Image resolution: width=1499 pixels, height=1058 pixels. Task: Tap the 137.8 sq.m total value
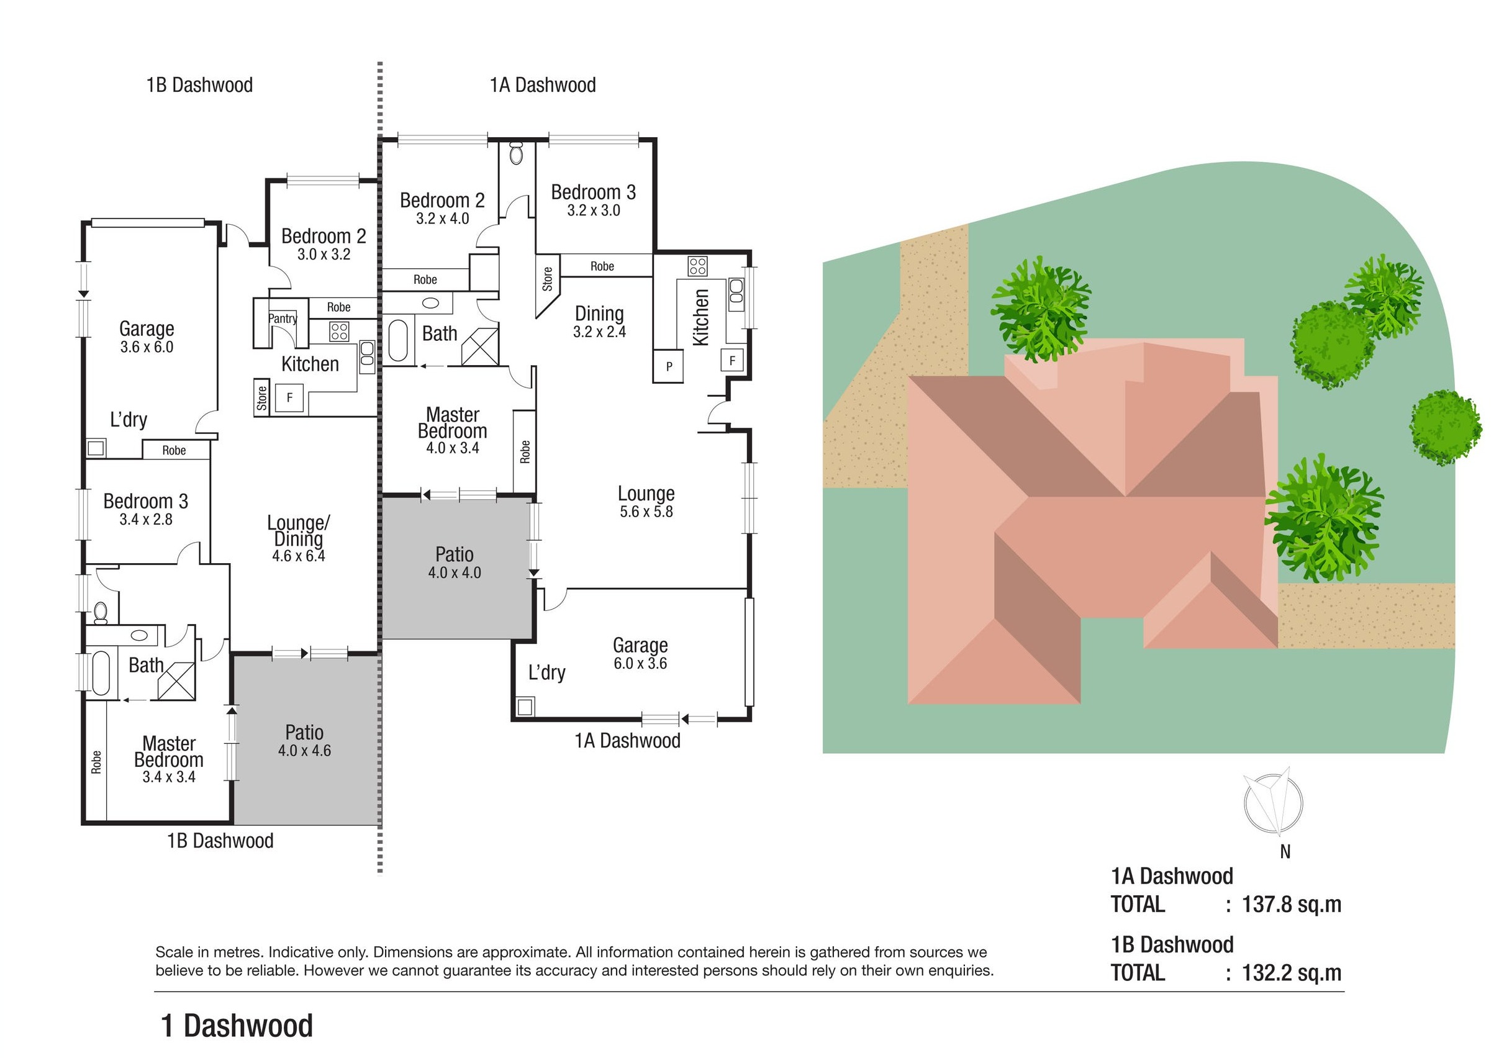[1291, 904]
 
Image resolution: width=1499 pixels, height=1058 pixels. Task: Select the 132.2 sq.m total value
[1291, 972]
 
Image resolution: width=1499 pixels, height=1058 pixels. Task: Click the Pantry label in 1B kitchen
[283, 319]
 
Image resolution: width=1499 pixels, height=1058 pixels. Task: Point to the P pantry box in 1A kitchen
[669, 366]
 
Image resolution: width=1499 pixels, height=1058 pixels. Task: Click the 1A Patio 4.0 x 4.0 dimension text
[455, 572]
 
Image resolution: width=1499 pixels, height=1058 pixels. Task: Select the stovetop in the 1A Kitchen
[697, 266]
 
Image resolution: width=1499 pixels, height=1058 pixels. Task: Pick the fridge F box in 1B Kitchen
[289, 397]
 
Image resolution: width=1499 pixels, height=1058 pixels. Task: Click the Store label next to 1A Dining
[547, 279]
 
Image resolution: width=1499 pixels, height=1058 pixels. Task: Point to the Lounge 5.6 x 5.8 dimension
[646, 512]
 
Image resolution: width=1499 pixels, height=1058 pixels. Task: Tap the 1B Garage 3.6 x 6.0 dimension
[147, 347]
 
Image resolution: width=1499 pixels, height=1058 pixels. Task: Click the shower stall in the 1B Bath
[176, 680]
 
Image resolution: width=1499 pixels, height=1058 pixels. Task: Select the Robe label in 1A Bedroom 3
[602, 266]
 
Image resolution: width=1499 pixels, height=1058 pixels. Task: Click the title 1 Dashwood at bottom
[237, 1025]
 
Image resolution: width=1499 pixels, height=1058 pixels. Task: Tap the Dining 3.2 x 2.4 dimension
[599, 332]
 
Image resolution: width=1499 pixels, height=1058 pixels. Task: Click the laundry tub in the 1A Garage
[525, 706]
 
